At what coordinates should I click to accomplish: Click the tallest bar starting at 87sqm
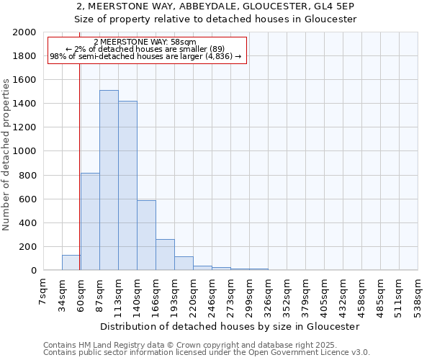tap(109, 180)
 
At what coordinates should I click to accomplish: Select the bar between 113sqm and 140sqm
tap(127, 186)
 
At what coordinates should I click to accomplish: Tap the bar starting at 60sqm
tap(90, 222)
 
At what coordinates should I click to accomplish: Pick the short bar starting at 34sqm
tap(71, 263)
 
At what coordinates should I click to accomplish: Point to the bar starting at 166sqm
tap(165, 255)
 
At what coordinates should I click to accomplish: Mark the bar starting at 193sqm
tap(184, 264)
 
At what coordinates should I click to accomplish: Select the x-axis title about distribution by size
tap(230, 326)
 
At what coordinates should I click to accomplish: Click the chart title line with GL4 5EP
tap(216, 6)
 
